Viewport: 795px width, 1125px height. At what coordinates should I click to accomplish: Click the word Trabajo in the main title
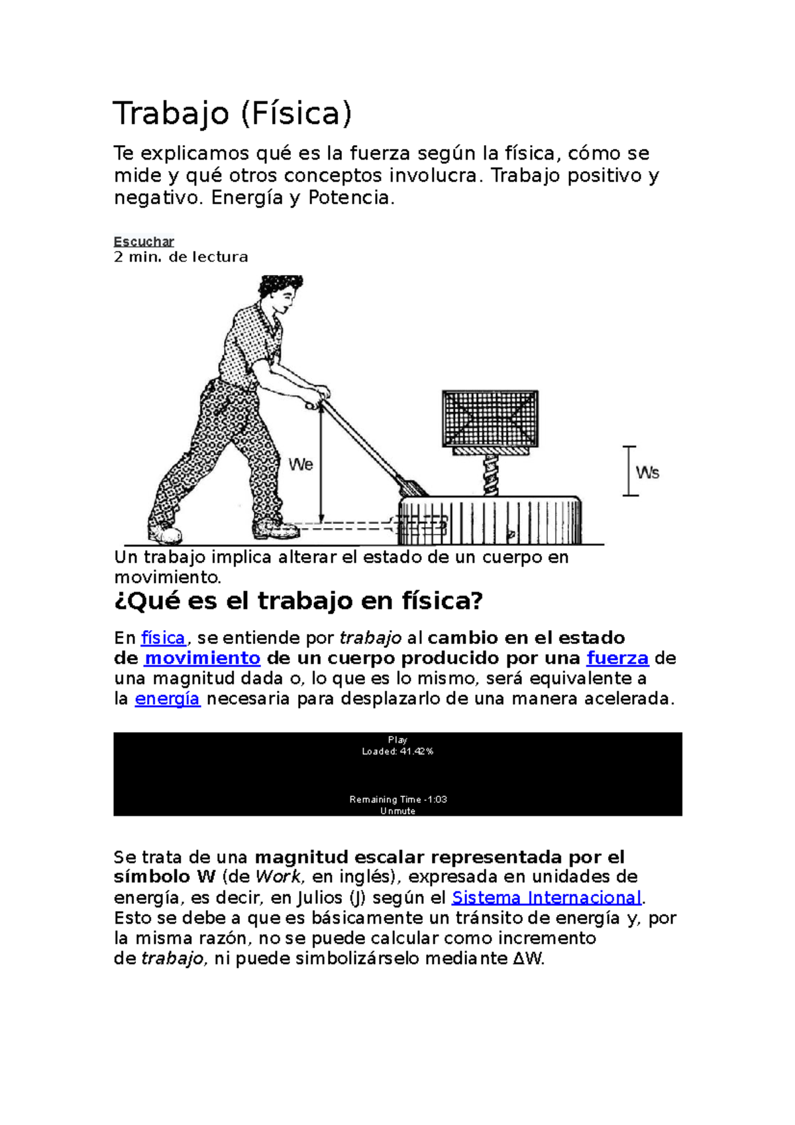(171, 113)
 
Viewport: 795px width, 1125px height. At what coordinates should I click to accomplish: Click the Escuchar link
(144, 242)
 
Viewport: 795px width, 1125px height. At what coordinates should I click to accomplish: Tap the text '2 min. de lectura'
(181, 257)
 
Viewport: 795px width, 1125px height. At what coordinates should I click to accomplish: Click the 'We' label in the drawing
(301, 464)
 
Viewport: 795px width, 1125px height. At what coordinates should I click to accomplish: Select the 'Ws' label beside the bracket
(647, 472)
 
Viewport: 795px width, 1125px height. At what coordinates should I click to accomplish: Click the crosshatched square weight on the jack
(490, 418)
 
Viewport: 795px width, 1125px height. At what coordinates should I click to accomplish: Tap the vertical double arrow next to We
(321, 464)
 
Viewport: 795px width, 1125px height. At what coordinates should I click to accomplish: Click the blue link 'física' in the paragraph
(163, 638)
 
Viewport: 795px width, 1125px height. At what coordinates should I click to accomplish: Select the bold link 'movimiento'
(202, 659)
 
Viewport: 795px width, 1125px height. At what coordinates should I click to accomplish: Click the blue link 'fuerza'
(617, 659)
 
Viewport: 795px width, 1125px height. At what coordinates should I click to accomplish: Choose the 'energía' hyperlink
(167, 699)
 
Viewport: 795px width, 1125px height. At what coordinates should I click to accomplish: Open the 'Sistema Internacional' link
(547, 898)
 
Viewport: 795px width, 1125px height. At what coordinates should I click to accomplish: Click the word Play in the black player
(397, 739)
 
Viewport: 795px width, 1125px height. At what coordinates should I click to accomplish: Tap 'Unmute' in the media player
(397, 811)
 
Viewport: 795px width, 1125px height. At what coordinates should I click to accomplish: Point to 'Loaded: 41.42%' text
(397, 751)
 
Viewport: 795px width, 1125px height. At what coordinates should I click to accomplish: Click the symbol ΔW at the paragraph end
(528, 959)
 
